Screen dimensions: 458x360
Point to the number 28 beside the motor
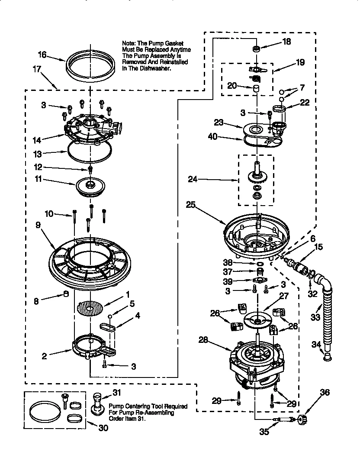tap(204, 341)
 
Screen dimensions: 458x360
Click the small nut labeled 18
tap(256, 49)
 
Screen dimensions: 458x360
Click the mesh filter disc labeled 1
tap(91, 309)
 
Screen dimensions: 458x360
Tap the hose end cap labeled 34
tap(327, 356)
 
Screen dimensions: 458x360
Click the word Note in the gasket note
tap(130, 44)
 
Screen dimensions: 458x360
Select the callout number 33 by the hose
tap(315, 318)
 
